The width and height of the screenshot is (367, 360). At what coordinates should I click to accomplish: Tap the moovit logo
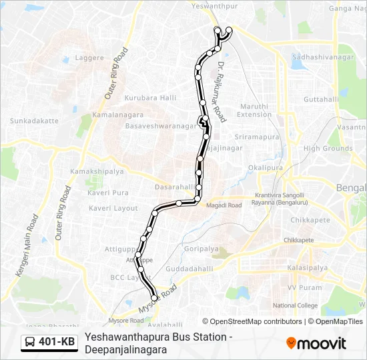316,343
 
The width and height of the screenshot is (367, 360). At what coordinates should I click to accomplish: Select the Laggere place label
90,58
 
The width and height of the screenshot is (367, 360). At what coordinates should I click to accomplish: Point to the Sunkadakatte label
34,121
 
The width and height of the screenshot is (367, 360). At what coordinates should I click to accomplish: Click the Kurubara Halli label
150,98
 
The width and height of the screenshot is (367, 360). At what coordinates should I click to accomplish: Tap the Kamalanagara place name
117,115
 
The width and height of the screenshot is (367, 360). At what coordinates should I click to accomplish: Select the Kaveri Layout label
113,208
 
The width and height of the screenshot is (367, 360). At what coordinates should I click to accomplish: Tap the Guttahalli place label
322,99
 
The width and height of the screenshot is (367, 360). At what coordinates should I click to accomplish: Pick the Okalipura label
262,167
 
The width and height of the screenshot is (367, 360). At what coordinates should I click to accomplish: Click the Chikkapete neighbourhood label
310,220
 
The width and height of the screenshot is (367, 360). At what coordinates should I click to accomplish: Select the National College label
296,305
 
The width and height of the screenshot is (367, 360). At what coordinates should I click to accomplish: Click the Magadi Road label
225,205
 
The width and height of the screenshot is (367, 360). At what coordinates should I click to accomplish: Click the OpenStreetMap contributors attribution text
255,321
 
